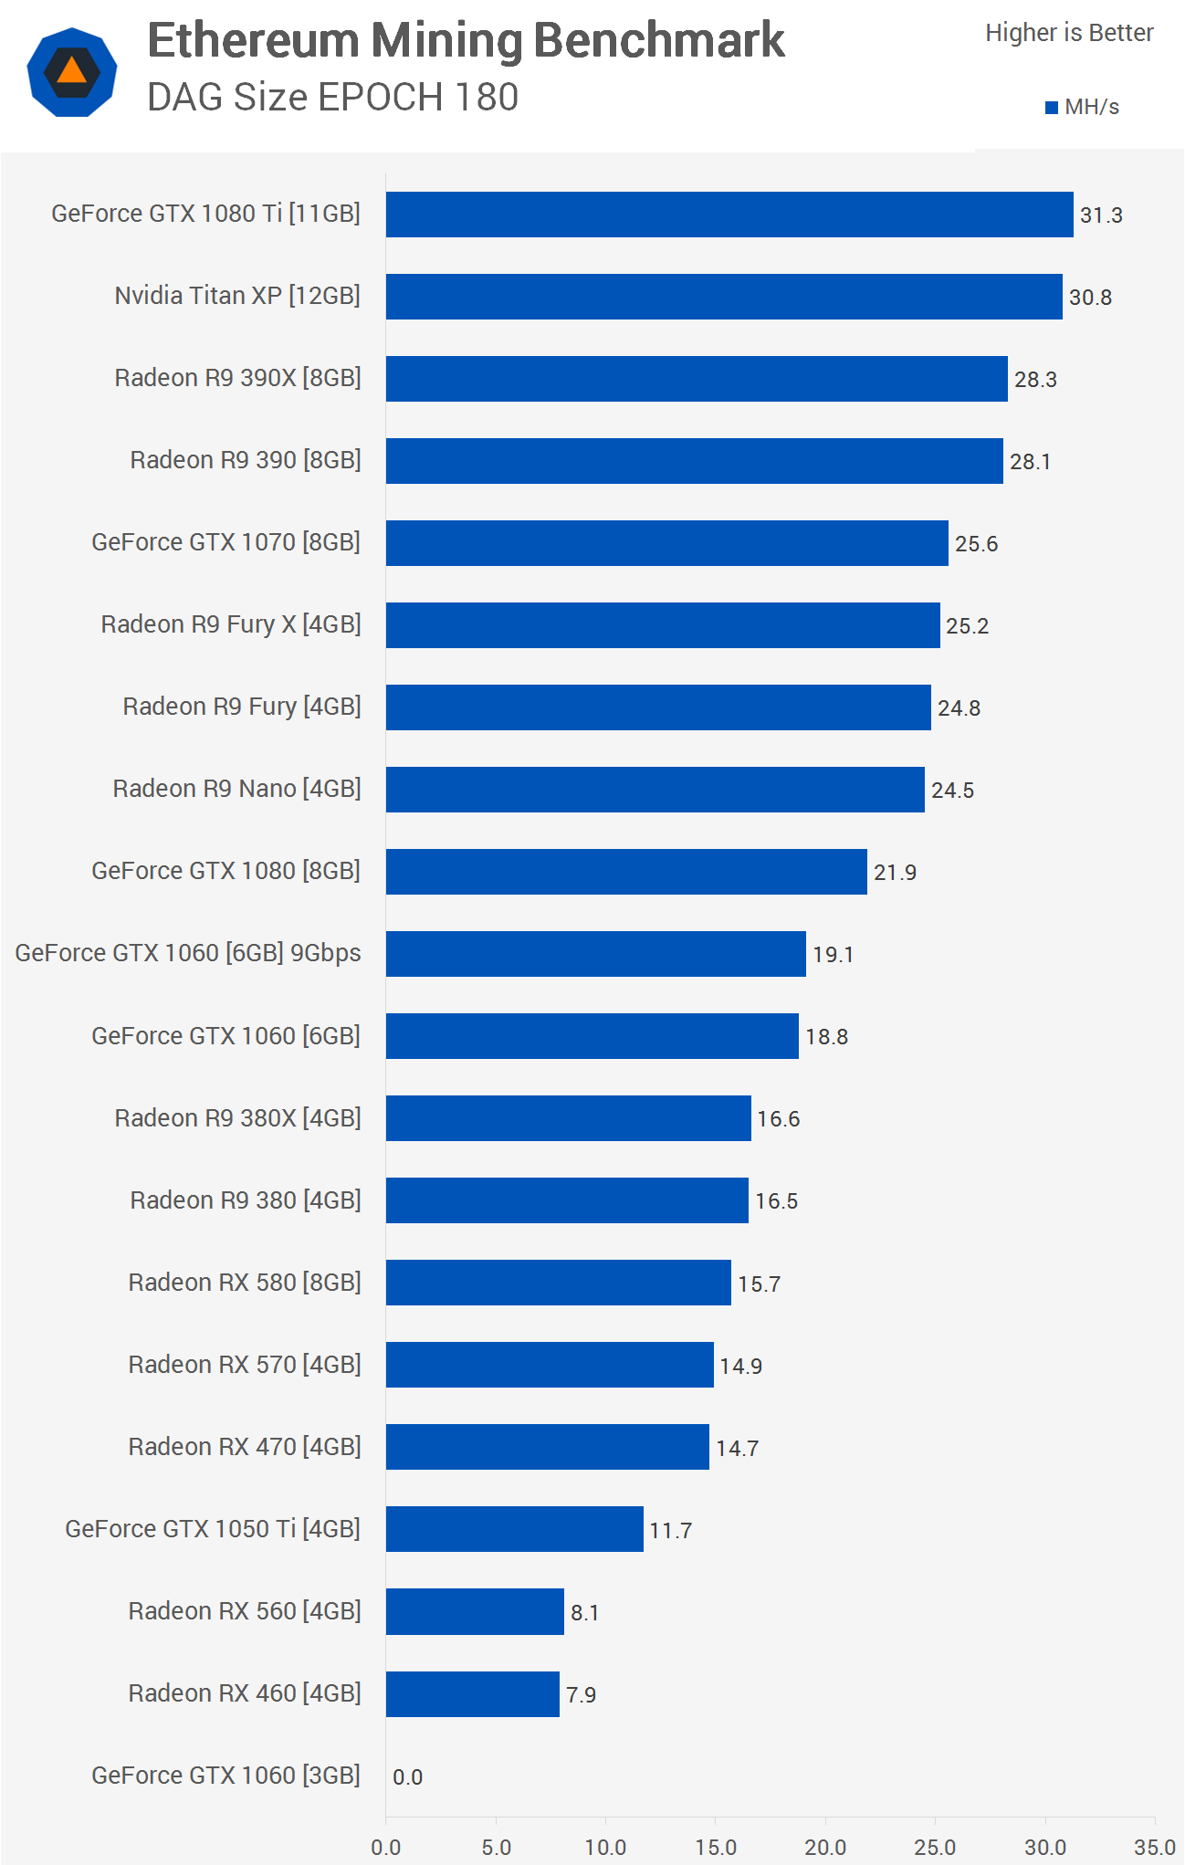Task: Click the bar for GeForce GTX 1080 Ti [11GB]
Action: pos(729,215)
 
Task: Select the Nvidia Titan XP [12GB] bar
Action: pos(724,297)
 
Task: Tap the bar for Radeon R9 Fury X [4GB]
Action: pos(663,625)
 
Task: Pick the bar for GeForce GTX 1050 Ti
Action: pos(515,1529)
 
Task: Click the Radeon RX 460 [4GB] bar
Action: pos(473,1694)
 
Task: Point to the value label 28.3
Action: pos(1035,380)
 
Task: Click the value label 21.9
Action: pos(895,873)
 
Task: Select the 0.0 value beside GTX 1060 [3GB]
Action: pos(407,1777)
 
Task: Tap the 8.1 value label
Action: pos(584,1613)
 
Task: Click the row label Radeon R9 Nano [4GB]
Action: pos(236,789)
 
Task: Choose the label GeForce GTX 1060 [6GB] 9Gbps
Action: pos(188,953)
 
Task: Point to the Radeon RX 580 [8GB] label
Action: pos(245,1283)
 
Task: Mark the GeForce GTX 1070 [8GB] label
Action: pos(225,542)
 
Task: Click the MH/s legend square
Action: pos(1052,108)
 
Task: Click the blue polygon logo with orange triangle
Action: pos(72,72)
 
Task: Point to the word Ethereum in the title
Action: pos(254,41)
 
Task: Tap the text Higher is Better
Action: pos(1069,33)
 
